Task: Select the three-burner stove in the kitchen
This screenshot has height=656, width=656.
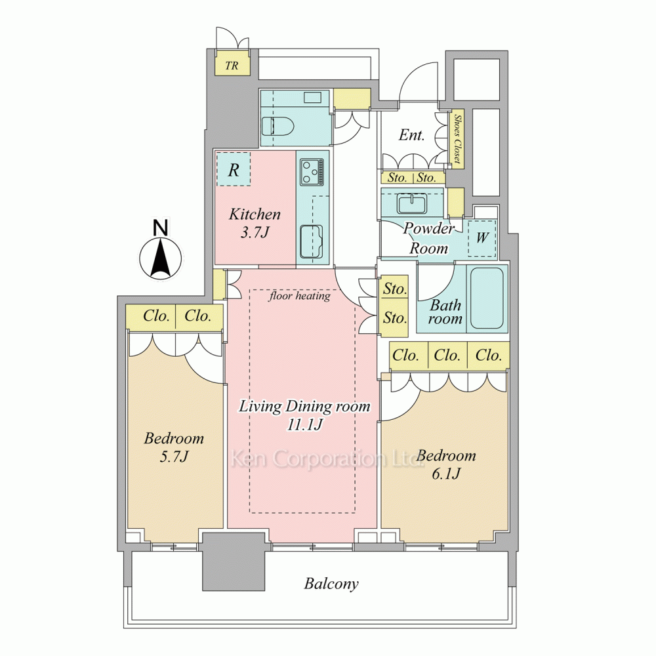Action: coord(312,172)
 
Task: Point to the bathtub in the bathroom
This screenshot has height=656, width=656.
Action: coord(487,298)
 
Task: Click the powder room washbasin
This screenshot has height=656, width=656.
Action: coord(413,203)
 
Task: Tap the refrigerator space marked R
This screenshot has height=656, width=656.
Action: coord(234,169)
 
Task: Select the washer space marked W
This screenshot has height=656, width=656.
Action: coord(482,238)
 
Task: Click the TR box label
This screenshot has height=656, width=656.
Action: coord(232,66)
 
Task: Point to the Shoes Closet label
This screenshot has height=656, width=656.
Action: coord(458,139)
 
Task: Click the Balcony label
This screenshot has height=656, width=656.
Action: coord(331,584)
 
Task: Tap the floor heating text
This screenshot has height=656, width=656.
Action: coord(300,297)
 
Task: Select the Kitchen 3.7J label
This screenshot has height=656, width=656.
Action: coord(255,223)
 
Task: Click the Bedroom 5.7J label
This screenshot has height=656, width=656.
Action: coord(174,447)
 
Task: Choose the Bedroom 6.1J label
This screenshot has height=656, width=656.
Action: coord(446,464)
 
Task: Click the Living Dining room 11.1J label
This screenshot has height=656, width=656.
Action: coord(304,415)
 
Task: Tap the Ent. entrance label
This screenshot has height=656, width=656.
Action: coord(412,134)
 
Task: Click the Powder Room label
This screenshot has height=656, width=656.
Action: coord(428,238)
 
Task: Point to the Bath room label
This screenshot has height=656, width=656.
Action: coord(445,312)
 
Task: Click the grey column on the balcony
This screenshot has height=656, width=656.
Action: coord(234,561)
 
